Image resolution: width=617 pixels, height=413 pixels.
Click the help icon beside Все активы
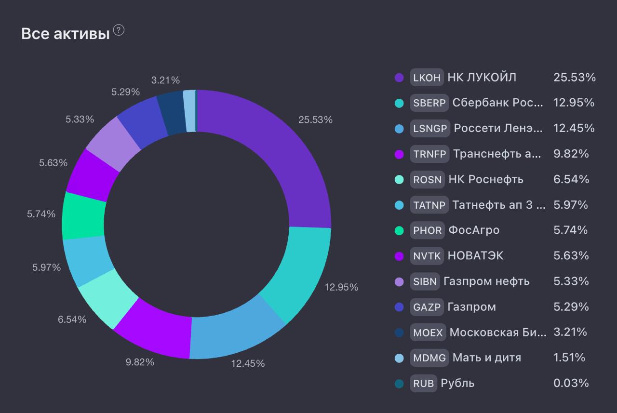point(119,30)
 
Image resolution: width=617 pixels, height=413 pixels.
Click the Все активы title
point(66,35)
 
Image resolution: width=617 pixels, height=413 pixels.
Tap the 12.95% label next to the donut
point(341,287)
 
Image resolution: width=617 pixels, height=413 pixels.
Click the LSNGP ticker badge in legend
point(430,128)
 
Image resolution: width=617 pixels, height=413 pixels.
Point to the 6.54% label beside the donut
point(72,319)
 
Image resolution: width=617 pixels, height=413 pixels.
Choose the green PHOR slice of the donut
point(83,216)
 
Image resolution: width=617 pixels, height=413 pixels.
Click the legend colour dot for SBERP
point(399,103)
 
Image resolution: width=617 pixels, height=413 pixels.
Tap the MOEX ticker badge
point(428,332)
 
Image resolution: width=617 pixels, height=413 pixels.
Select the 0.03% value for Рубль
point(571,383)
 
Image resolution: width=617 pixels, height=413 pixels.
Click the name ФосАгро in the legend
point(474,230)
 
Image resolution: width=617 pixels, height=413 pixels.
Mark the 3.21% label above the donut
point(165,80)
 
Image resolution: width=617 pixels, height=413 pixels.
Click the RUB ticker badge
point(424,383)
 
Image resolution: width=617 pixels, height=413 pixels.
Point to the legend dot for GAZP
point(399,307)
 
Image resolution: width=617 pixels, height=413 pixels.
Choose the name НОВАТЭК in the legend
point(475,256)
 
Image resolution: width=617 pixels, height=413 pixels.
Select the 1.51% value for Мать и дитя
point(569,358)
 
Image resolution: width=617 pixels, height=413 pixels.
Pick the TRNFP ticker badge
point(429,154)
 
